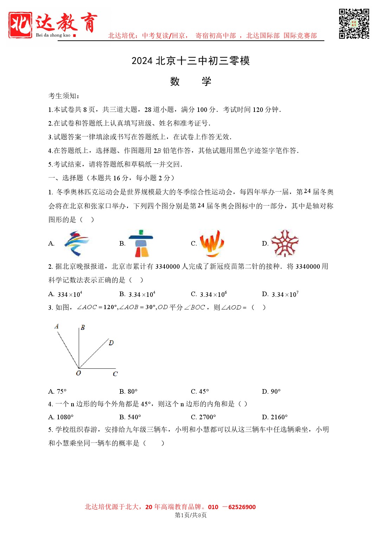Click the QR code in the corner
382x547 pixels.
354,24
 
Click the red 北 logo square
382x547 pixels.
20,25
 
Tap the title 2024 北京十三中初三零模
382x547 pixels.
190,61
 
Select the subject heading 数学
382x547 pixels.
190,81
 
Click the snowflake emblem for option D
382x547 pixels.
284,244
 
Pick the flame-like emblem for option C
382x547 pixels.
212,243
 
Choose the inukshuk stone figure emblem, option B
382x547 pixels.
141,244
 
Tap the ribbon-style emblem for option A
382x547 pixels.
77,244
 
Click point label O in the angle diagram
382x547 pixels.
78,373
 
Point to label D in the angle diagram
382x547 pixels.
111,342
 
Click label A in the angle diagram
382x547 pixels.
57,326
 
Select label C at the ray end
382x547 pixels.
115,374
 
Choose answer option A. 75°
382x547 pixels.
57,391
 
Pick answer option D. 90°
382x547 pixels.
271,391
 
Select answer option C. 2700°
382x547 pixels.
203,417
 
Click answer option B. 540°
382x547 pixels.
130,417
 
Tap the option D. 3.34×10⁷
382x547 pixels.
280,294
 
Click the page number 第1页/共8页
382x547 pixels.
190,515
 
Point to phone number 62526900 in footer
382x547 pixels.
242,507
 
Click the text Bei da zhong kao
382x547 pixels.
53,35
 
